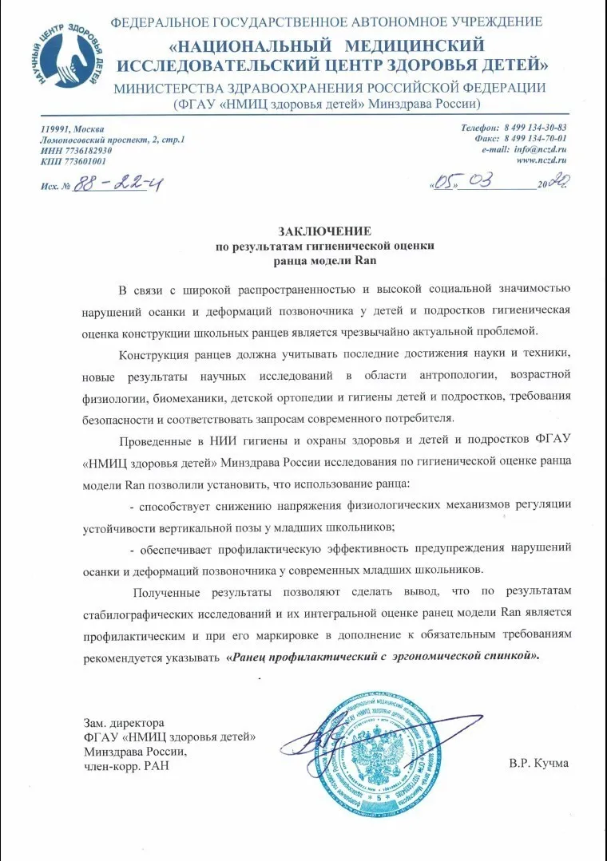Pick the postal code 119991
pos(55,129)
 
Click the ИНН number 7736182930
pos(85,150)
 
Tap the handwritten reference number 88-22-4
pos(118,185)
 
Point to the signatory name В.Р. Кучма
pos(538,764)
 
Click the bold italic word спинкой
pos(511,658)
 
